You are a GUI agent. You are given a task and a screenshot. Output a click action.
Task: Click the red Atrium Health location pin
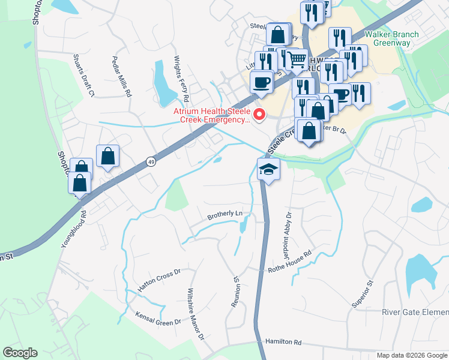tap(259, 114)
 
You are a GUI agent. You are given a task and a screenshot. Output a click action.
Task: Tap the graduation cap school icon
tap(268, 170)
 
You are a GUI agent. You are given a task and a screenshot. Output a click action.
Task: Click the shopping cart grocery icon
tap(297, 60)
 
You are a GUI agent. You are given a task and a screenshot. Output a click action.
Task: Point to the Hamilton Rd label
tap(283, 341)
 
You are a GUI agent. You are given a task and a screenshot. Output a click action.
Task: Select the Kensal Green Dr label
tap(158, 318)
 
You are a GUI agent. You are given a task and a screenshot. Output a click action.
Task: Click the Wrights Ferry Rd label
tap(181, 78)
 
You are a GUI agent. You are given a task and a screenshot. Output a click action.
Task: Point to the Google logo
tap(20, 353)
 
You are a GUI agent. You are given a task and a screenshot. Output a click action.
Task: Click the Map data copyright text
tap(412, 355)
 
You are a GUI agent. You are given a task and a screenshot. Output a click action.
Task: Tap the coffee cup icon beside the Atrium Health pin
tap(261, 82)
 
